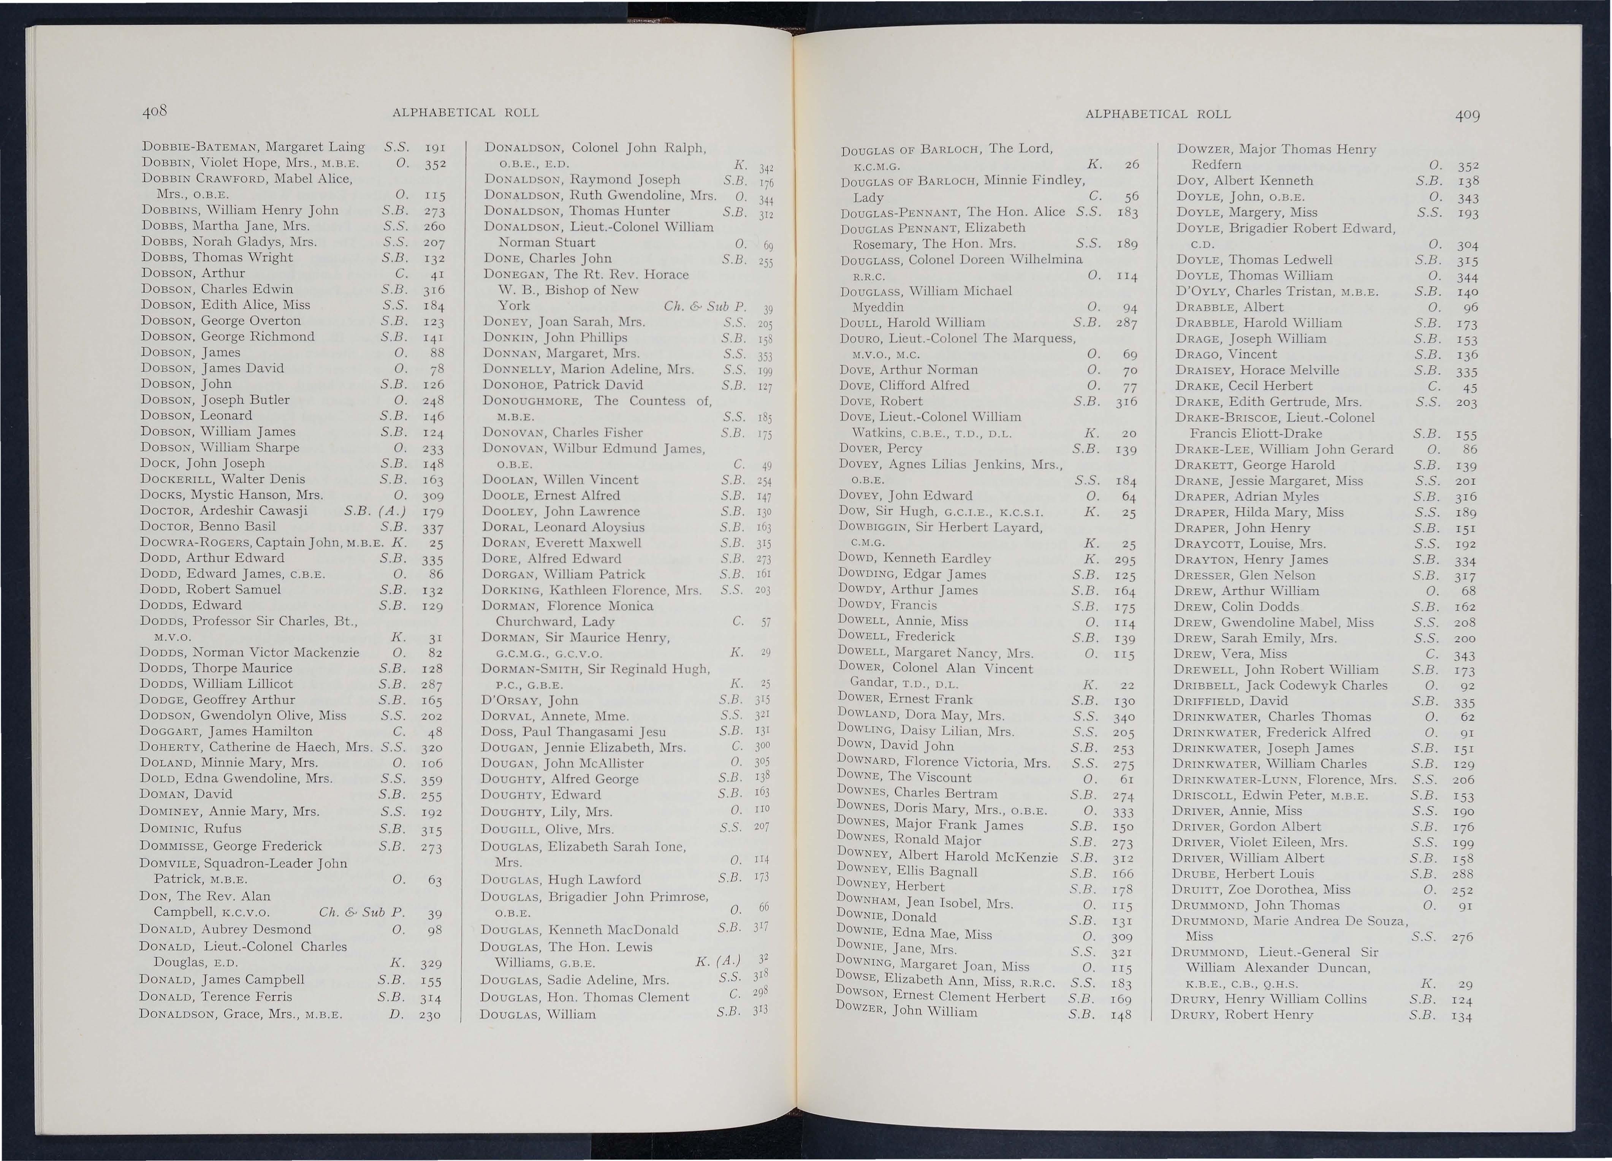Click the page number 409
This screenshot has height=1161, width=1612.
tap(1466, 114)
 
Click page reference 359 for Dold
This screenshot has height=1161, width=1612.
tap(431, 779)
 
